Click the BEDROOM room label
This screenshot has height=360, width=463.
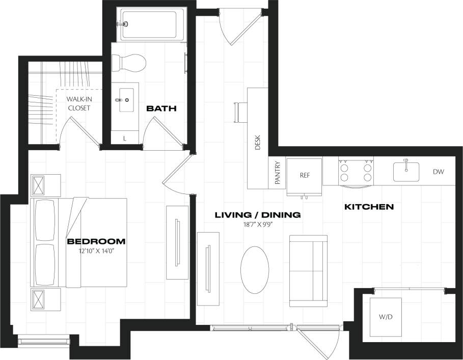[96, 241]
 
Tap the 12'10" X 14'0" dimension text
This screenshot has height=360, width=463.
[96, 251]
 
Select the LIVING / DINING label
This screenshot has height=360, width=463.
[257, 215]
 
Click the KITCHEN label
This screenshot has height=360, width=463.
[369, 207]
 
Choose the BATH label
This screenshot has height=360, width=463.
[161, 108]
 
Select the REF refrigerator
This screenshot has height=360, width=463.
[305, 176]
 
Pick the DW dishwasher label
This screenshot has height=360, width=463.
[439, 172]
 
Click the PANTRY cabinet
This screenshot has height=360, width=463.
[278, 174]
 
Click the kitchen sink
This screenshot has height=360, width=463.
[406, 171]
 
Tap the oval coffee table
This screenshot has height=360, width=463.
[254, 270]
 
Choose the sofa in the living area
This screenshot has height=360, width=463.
[308, 271]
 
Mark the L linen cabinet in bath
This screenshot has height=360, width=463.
[126, 138]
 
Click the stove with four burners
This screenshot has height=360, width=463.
[356, 172]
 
